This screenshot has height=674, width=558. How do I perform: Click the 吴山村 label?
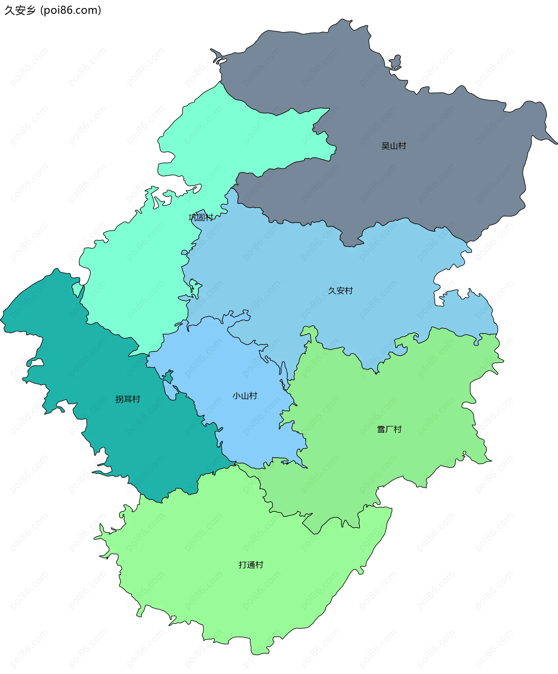click(x=394, y=146)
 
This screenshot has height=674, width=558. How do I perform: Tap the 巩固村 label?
click(x=201, y=217)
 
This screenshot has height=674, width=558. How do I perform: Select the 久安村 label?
click(x=340, y=291)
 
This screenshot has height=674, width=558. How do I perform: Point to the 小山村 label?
click(x=245, y=396)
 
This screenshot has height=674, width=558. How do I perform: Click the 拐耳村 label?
click(x=128, y=399)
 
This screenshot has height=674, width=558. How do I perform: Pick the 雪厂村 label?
click(x=389, y=429)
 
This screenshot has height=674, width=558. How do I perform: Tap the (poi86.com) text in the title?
click(x=71, y=10)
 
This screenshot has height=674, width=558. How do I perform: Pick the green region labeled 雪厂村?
click(x=401, y=401)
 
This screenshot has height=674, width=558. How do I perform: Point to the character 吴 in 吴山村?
click(x=385, y=146)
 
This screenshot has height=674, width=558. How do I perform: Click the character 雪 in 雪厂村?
click(x=381, y=429)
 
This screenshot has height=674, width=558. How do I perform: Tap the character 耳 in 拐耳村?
click(x=128, y=399)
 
